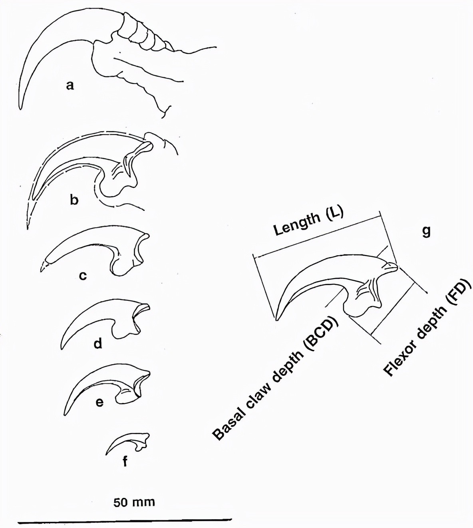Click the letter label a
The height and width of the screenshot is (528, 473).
[70, 85]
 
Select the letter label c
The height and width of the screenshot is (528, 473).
[83, 275]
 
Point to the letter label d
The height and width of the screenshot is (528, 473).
[98, 343]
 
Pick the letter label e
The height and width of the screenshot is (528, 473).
[99, 402]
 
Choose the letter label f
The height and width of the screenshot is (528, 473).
[125, 462]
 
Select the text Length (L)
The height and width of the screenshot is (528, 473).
[308, 222]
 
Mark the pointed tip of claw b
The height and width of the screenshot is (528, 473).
[28, 229]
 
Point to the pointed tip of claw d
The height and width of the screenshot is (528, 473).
[62, 349]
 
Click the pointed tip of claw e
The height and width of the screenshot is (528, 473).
[64, 415]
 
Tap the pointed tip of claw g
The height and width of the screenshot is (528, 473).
[276, 320]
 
